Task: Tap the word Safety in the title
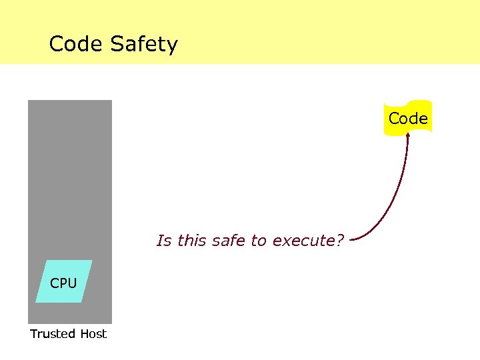pyautogui.click(x=144, y=45)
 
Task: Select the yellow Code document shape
pyautogui.click(x=408, y=118)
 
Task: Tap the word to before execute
pyautogui.click(x=259, y=241)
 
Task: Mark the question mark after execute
pyautogui.click(x=339, y=241)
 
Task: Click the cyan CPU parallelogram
pyautogui.click(x=64, y=282)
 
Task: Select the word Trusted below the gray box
pyautogui.click(x=53, y=334)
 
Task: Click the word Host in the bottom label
pyautogui.click(x=93, y=334)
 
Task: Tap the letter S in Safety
pyautogui.click(x=118, y=45)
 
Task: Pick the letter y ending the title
pyautogui.click(x=173, y=47)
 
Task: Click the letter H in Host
pyautogui.click(x=84, y=334)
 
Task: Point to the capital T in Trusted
pyautogui.click(x=33, y=334)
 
